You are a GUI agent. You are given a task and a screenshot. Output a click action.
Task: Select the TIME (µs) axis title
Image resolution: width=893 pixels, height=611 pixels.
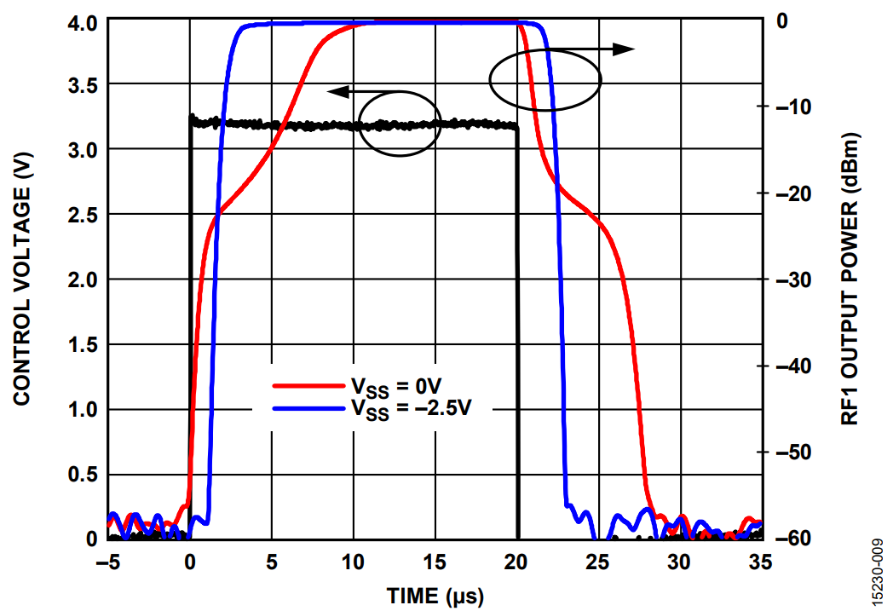(x=435, y=593)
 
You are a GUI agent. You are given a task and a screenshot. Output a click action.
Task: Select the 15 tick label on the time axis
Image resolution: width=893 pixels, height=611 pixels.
(x=435, y=562)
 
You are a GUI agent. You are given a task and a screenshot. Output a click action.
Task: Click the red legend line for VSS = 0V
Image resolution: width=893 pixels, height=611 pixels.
(x=306, y=385)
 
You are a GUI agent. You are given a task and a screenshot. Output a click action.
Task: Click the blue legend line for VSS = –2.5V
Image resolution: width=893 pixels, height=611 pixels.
(x=306, y=409)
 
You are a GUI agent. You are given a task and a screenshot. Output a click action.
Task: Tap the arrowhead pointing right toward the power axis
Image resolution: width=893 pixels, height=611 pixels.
(x=626, y=49)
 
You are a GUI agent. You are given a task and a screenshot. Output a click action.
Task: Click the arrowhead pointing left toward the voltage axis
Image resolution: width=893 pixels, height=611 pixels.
(x=336, y=90)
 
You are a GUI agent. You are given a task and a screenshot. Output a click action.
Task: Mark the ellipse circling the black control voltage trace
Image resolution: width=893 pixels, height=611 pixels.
(x=400, y=124)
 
